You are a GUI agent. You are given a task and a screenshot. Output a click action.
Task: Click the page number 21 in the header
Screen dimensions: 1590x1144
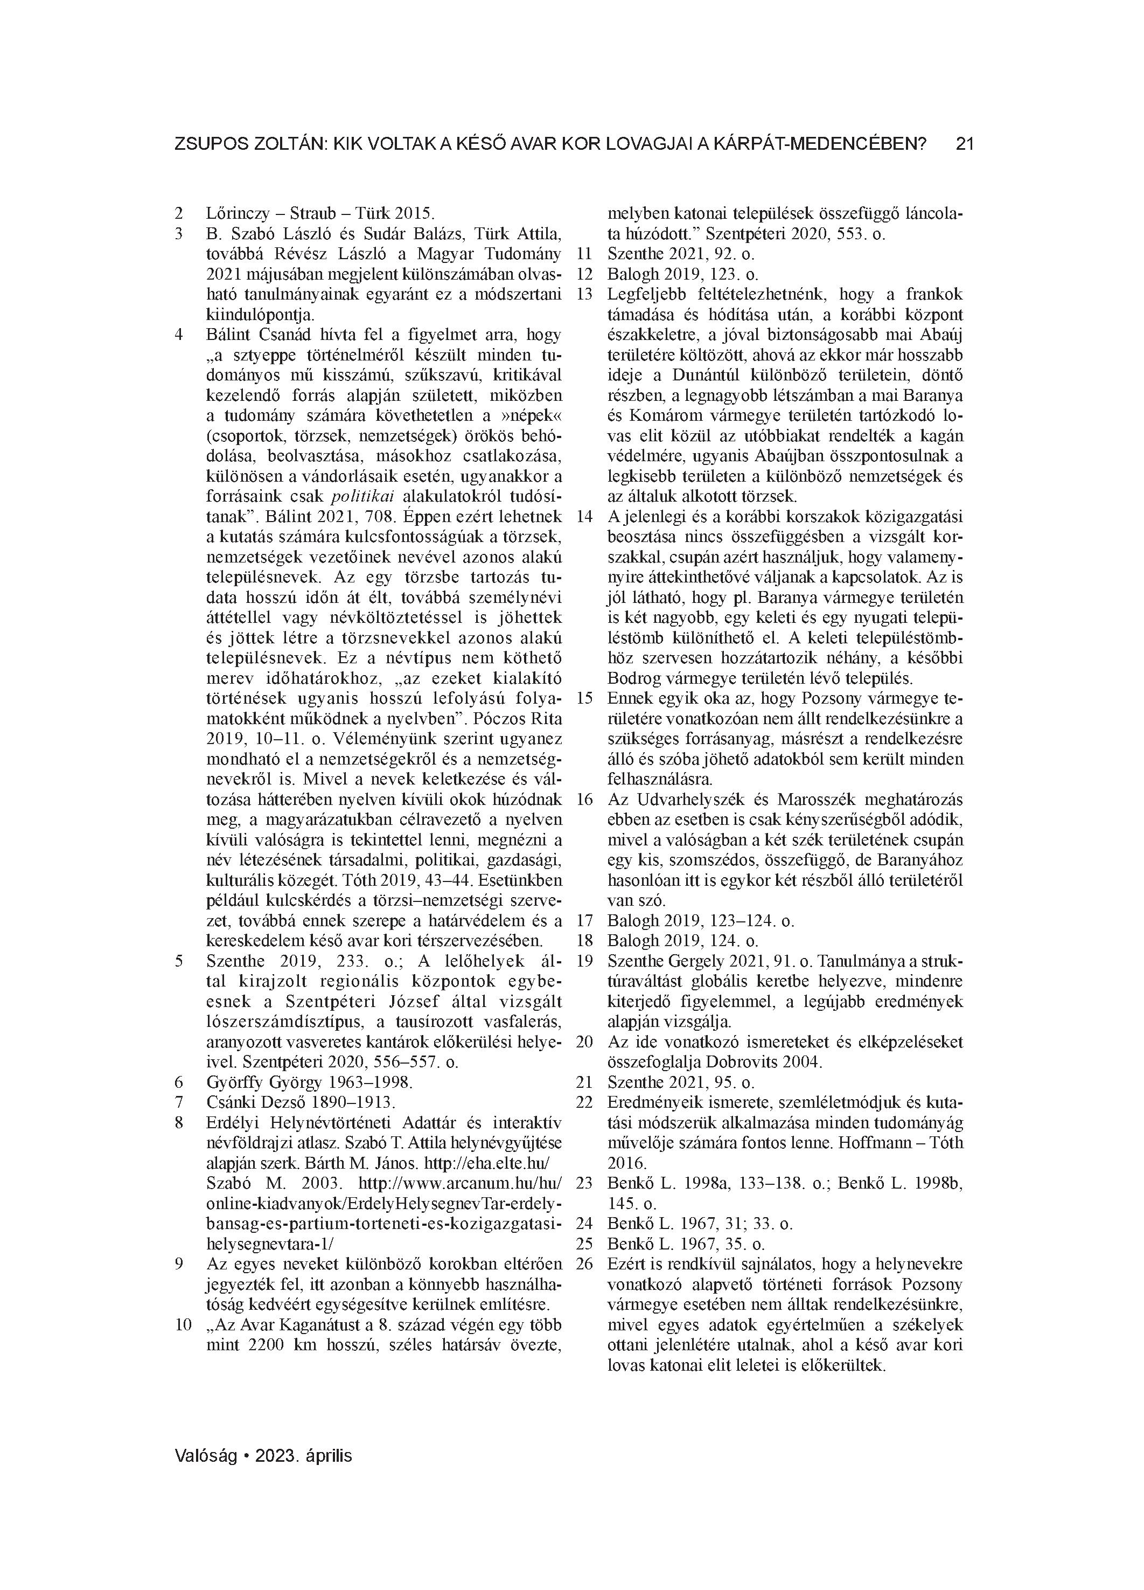[x=965, y=144]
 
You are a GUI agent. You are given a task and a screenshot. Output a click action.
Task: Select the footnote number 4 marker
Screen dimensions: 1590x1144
[x=179, y=335]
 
